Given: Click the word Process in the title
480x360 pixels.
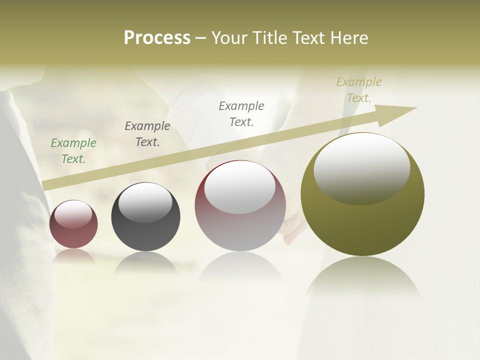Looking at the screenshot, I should point(157,38).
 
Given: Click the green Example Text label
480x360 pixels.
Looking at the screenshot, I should point(73,150).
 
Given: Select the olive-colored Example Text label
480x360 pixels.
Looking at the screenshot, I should point(358,89).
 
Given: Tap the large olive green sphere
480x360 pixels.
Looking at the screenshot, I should point(362,225).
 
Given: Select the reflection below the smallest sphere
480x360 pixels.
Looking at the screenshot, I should point(73,256).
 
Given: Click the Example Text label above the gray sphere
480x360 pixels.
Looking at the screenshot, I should point(147,133).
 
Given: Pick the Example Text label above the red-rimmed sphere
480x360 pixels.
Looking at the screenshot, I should point(241,113).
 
